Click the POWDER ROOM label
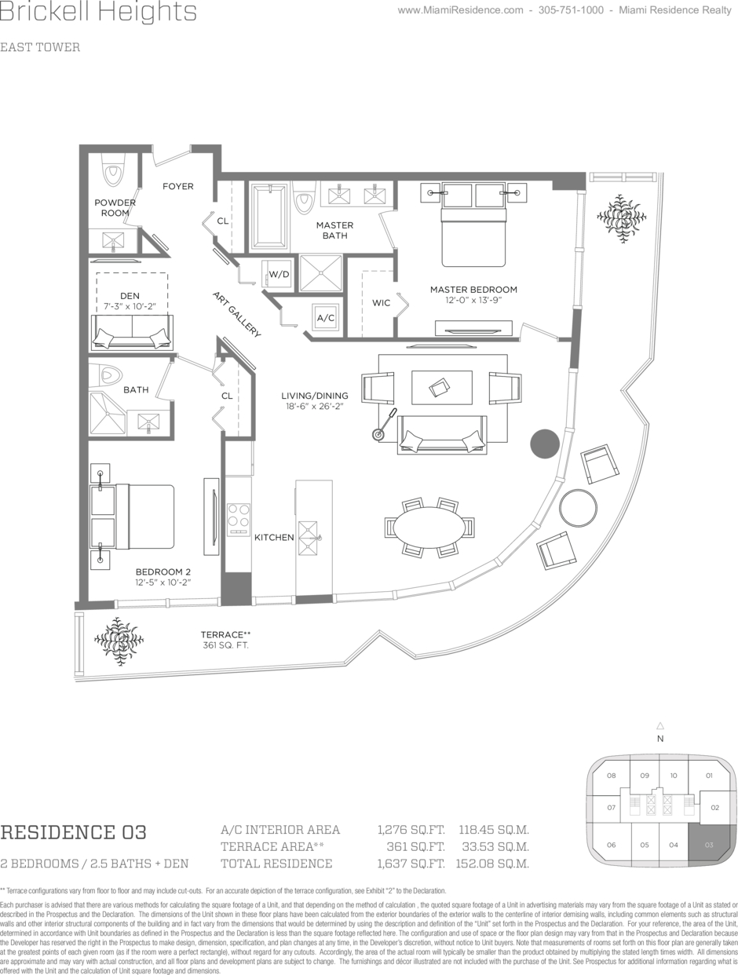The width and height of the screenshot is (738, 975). (x=115, y=207)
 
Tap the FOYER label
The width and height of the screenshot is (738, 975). (x=177, y=186)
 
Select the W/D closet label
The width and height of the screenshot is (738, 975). (x=279, y=274)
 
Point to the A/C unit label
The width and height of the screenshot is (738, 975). (x=325, y=318)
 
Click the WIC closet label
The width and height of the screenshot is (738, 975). (x=381, y=302)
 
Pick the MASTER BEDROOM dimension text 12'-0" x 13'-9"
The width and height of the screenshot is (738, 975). (x=473, y=300)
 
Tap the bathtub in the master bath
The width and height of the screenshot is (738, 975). (x=269, y=215)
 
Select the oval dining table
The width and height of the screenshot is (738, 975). (x=429, y=527)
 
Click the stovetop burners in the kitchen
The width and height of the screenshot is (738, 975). (x=238, y=515)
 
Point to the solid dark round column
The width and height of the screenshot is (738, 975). (x=544, y=444)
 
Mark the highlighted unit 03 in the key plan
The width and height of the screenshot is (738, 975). (x=709, y=845)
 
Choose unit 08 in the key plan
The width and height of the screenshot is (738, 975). (x=611, y=776)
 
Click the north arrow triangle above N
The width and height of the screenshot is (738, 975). (x=660, y=726)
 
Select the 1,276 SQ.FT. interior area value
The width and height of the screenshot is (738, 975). (x=411, y=830)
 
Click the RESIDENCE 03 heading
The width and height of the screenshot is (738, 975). (x=74, y=832)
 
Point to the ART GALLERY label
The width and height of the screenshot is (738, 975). (x=236, y=314)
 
